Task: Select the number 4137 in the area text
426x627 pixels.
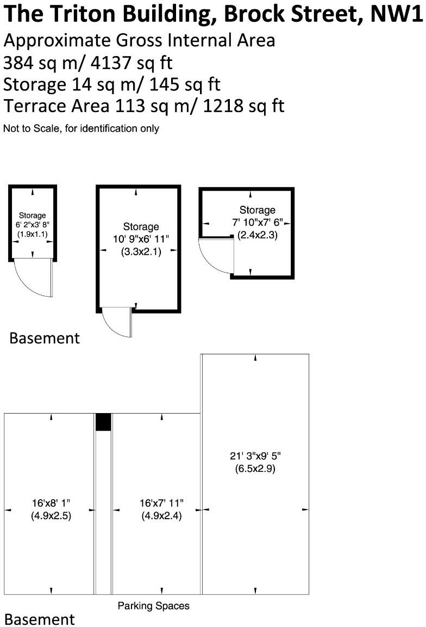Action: pyautogui.click(x=106, y=63)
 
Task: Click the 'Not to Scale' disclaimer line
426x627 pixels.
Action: pyautogui.click(x=81, y=128)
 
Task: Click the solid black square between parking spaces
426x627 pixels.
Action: pyautogui.click(x=103, y=422)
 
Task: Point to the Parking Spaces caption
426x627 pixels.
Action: pyautogui.click(x=154, y=606)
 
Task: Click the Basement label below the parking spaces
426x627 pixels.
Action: pyautogui.click(x=40, y=619)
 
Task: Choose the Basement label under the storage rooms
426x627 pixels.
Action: pyautogui.click(x=45, y=338)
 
